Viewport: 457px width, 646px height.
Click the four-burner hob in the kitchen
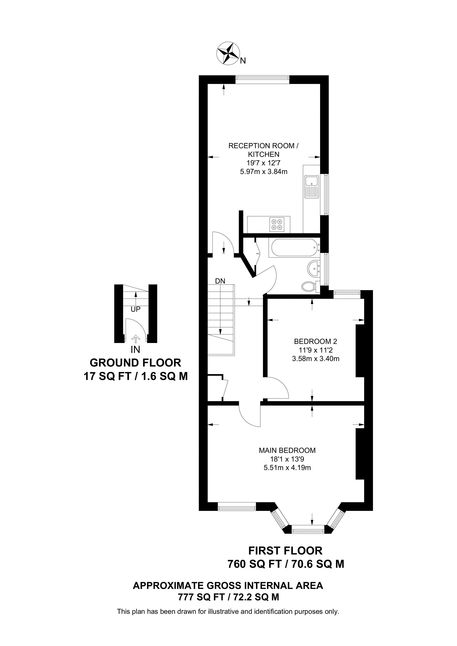pyautogui.click(x=276, y=225)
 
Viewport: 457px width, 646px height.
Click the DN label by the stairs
pyautogui.click(x=220, y=281)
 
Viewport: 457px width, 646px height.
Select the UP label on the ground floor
pyautogui.click(x=135, y=309)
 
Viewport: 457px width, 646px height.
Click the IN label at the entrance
pyautogui.click(x=135, y=349)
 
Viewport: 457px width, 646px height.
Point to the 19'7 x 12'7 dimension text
pyautogui.click(x=264, y=163)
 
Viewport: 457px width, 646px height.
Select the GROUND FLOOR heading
pyautogui.click(x=135, y=363)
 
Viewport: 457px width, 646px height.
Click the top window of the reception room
pyautogui.click(x=262, y=80)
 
